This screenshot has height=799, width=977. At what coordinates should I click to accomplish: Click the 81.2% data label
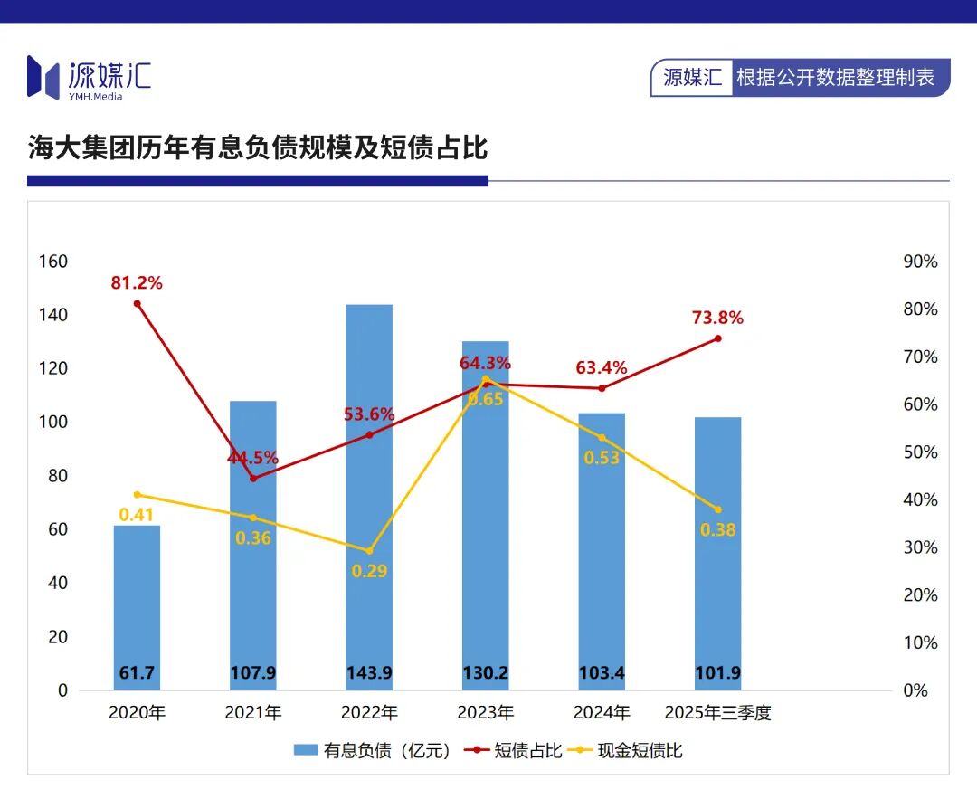137,283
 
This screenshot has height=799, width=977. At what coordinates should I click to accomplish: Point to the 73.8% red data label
717,319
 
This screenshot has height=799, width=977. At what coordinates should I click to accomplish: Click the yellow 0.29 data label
368,571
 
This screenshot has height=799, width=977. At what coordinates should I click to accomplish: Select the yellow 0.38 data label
718,530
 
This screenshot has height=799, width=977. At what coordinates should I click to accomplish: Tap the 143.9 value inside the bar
369,673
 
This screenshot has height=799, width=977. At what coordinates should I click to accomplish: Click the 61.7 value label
137,673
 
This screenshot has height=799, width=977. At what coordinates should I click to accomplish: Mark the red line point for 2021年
253,478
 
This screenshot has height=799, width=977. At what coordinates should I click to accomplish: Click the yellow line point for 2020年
138,495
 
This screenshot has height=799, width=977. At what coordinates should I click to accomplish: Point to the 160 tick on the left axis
53,262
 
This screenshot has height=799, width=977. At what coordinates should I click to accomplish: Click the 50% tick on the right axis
921,452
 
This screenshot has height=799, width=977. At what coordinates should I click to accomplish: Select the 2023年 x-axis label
486,713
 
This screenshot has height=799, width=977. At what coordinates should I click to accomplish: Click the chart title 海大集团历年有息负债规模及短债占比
258,148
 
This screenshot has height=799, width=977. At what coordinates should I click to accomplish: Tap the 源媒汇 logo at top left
89,77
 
